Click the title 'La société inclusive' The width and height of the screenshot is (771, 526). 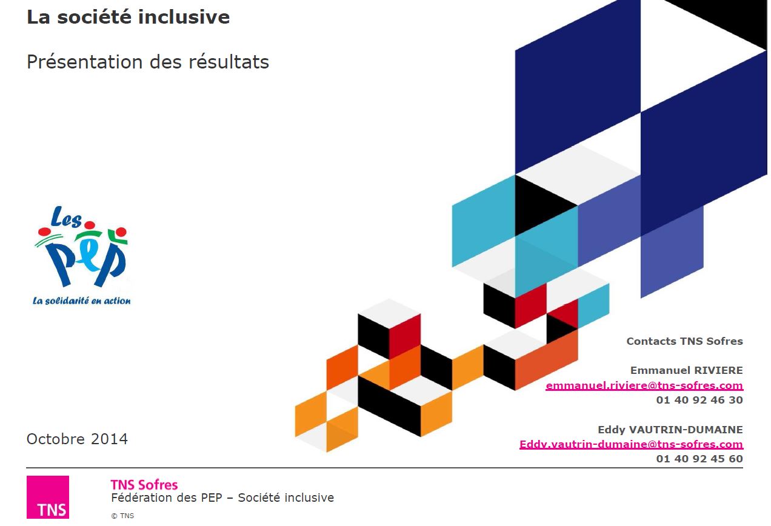(x=128, y=17)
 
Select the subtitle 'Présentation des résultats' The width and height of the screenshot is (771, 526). (x=148, y=62)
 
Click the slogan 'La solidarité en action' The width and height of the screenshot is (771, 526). (x=82, y=301)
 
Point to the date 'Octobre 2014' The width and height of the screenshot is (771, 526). (x=77, y=439)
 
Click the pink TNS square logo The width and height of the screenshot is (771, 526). (x=48, y=497)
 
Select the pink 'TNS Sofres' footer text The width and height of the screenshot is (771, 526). (x=144, y=485)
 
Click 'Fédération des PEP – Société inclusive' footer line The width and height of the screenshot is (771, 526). (x=222, y=498)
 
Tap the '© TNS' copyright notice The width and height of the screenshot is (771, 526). (x=122, y=516)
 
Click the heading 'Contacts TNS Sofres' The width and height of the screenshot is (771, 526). (x=684, y=341)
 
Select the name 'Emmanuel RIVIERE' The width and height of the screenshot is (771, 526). (x=687, y=370)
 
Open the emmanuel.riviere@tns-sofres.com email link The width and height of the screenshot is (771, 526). (x=644, y=385)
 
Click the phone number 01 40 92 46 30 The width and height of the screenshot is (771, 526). (x=699, y=400)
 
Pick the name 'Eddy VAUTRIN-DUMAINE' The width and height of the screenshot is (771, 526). (x=670, y=430)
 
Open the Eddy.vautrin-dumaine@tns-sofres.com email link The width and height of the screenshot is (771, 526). (x=631, y=444)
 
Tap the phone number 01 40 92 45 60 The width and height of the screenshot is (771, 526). (x=699, y=459)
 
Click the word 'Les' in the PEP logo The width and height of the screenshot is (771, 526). (x=66, y=218)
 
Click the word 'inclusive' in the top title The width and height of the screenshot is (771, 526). (x=184, y=17)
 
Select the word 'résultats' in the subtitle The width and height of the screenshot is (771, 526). (x=229, y=62)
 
